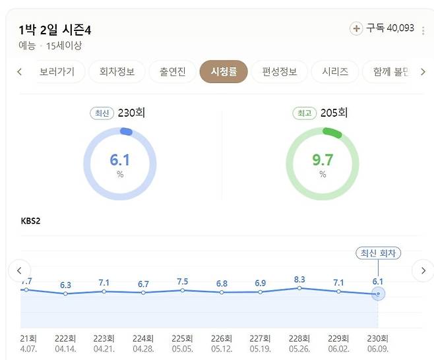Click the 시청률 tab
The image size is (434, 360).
[x=224, y=72]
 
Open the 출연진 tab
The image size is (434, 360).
[x=168, y=72]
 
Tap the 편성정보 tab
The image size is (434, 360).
[x=279, y=72]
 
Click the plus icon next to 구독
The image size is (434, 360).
[x=356, y=28]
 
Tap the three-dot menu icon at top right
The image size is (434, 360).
[x=423, y=30]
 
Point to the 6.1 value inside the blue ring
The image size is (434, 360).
[x=119, y=160]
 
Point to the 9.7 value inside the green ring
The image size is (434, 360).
[x=323, y=160]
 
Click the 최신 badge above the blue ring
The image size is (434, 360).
[x=102, y=113]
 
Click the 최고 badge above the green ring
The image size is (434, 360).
[x=304, y=113]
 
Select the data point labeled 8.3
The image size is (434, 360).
[x=299, y=288]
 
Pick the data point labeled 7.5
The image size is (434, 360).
[x=182, y=290]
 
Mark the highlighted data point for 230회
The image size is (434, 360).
[x=378, y=293]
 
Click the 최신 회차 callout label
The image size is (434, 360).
[x=378, y=253]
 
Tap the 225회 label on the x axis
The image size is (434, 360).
[x=182, y=337]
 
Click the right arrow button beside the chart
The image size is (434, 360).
[x=422, y=270]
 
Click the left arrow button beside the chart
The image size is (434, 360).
[x=19, y=270]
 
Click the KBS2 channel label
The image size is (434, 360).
[x=30, y=220]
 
